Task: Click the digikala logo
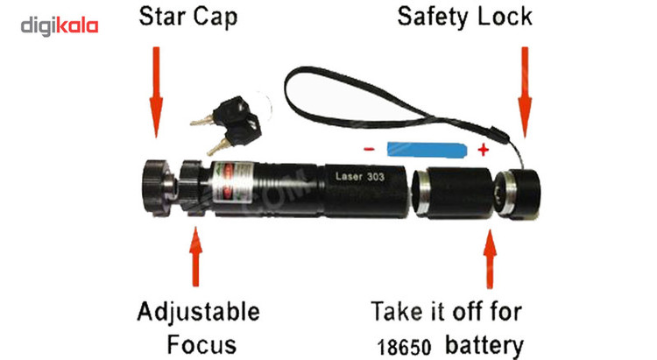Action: [60, 26]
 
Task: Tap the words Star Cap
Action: [188, 18]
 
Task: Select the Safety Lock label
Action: [464, 17]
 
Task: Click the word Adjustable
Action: [198, 312]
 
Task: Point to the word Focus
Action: [201, 345]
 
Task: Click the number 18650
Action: [404, 348]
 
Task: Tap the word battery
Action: [484, 346]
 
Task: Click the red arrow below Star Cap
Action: [156, 92]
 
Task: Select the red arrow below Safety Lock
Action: [525, 92]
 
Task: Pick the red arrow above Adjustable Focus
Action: [195, 257]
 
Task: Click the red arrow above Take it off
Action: [490, 258]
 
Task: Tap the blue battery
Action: [427, 150]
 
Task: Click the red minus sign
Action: [369, 148]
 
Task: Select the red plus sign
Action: [483, 150]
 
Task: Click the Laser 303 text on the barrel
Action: [360, 176]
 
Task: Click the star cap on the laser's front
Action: [159, 187]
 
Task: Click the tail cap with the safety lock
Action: [517, 193]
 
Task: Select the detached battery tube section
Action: [453, 194]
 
